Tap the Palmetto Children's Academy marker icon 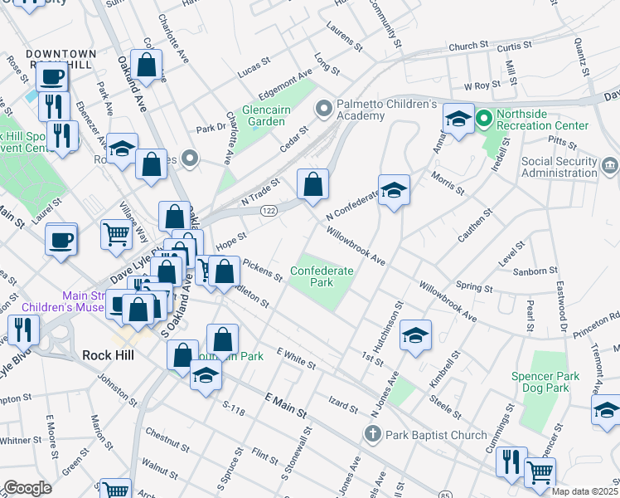323,109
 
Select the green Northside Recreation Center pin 483,119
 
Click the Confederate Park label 322,276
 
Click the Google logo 27,487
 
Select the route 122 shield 269,212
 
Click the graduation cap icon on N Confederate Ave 395,189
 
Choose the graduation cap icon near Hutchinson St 416,334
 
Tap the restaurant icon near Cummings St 511,460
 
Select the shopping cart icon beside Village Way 115,234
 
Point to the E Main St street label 285,407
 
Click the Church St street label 468,46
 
